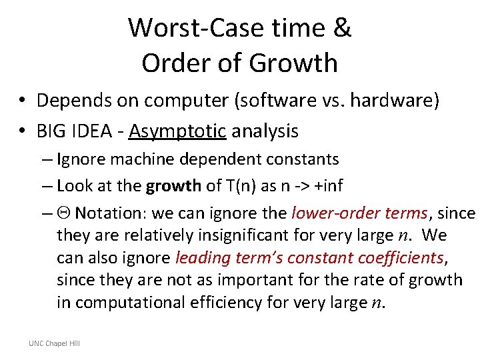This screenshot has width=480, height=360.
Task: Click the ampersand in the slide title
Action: point(341,28)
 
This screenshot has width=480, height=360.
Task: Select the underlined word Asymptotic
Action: point(178,131)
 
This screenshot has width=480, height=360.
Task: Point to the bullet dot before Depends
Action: point(22,101)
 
